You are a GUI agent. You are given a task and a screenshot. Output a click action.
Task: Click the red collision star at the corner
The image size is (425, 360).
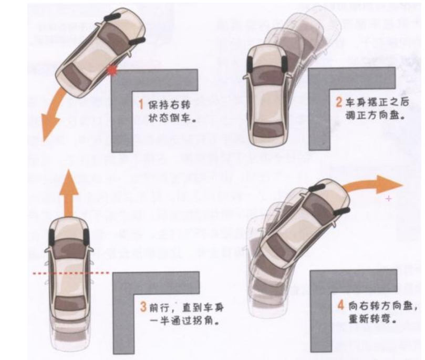[x=111, y=70]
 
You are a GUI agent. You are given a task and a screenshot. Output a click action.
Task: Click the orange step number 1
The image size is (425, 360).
[x=141, y=105]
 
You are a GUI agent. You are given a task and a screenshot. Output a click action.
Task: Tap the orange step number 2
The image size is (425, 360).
[x=339, y=102]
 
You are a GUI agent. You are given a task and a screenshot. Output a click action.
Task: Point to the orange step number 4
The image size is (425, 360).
[x=340, y=305]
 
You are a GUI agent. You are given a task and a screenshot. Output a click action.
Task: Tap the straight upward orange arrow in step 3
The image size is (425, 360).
[x=69, y=192]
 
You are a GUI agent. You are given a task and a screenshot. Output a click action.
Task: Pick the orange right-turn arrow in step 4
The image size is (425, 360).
[x=374, y=184]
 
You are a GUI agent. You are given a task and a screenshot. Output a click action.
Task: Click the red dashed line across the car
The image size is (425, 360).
[x=71, y=273]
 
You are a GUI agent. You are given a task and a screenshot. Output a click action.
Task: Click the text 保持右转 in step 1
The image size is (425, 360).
[x=169, y=105]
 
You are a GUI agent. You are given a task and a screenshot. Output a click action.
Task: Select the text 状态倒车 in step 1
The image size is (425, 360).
[x=169, y=118]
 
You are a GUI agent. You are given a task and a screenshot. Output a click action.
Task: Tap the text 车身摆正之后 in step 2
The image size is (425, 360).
[x=377, y=102]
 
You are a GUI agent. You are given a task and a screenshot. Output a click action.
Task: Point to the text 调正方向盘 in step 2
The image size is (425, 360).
[x=372, y=116]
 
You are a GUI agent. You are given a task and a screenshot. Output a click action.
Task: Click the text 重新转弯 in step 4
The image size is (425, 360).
[x=369, y=319]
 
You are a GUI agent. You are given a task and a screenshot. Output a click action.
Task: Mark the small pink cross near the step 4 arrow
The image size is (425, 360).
[x=389, y=199]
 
